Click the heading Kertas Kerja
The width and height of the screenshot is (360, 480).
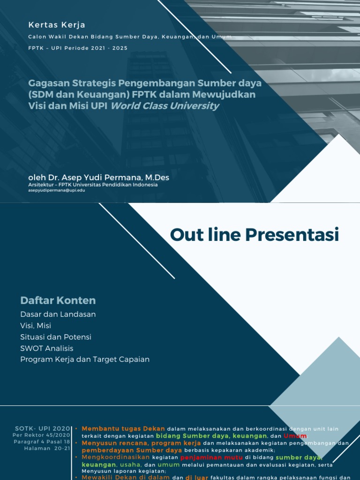(57, 25)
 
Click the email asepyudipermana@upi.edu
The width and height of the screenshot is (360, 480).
(57, 190)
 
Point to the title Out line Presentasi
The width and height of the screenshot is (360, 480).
(254, 234)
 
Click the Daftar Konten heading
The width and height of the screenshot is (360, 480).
(58, 300)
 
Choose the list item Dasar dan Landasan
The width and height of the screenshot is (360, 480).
(58, 314)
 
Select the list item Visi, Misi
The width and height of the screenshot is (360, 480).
(36, 325)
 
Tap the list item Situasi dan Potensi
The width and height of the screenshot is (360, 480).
(56, 337)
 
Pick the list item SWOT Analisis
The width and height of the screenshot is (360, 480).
(47, 348)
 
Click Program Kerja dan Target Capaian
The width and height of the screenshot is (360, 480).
(85, 360)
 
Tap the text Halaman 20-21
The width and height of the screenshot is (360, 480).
(47, 448)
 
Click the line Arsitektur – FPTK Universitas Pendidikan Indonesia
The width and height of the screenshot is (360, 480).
(93, 185)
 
